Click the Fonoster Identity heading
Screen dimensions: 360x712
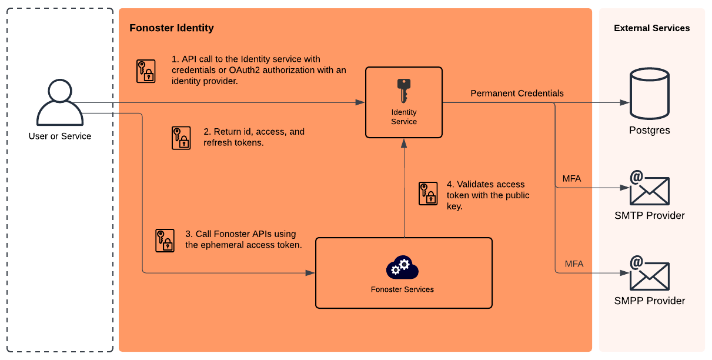coord(172,28)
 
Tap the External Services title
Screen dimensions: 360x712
coord(651,28)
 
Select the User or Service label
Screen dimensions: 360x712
coord(60,136)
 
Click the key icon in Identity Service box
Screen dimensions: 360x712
coord(403,90)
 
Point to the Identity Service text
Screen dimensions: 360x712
coord(404,117)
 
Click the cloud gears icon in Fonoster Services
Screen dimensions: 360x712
coord(402,268)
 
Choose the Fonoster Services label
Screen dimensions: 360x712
coord(402,289)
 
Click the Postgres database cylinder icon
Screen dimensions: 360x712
coord(649,94)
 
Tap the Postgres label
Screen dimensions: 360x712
coord(649,131)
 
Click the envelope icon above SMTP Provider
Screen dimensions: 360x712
coord(649,188)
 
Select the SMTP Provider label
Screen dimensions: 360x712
coord(649,216)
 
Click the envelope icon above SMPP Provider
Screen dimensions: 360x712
coord(649,274)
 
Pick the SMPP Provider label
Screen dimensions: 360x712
coord(649,301)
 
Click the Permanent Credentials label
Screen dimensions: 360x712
coord(517,94)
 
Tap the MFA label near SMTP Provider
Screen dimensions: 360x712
coord(571,179)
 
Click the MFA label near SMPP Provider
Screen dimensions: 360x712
coord(574,264)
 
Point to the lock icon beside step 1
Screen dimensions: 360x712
coord(146,71)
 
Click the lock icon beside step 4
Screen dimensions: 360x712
coord(428,194)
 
